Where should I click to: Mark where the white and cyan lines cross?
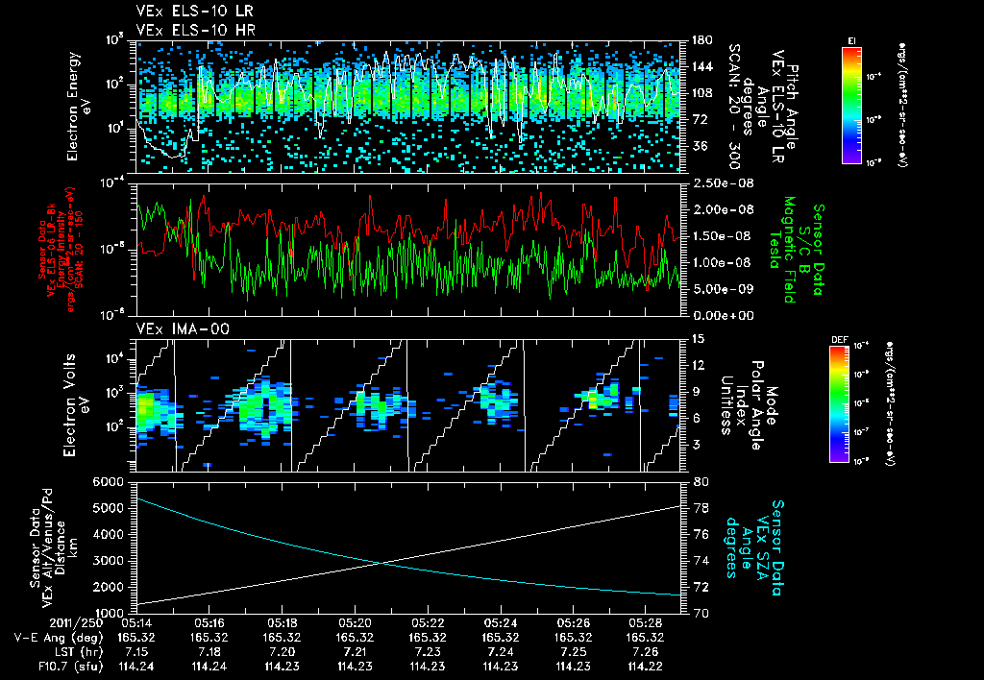tap(381, 563)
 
